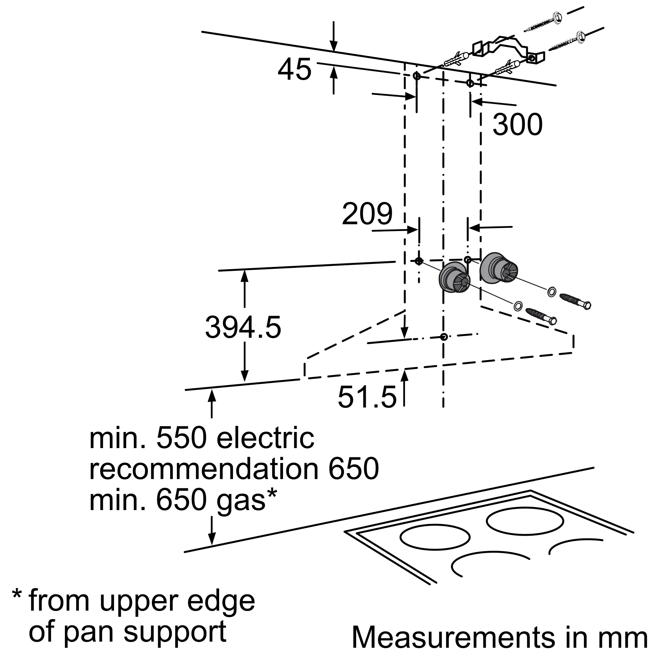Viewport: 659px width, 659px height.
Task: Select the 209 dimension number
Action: (367, 214)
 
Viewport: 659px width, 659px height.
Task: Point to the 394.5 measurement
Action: (243, 327)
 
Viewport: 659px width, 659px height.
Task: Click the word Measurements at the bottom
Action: (453, 637)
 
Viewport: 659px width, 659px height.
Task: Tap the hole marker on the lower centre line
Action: (444, 337)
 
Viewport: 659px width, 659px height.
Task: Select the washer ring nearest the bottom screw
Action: (517, 306)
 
